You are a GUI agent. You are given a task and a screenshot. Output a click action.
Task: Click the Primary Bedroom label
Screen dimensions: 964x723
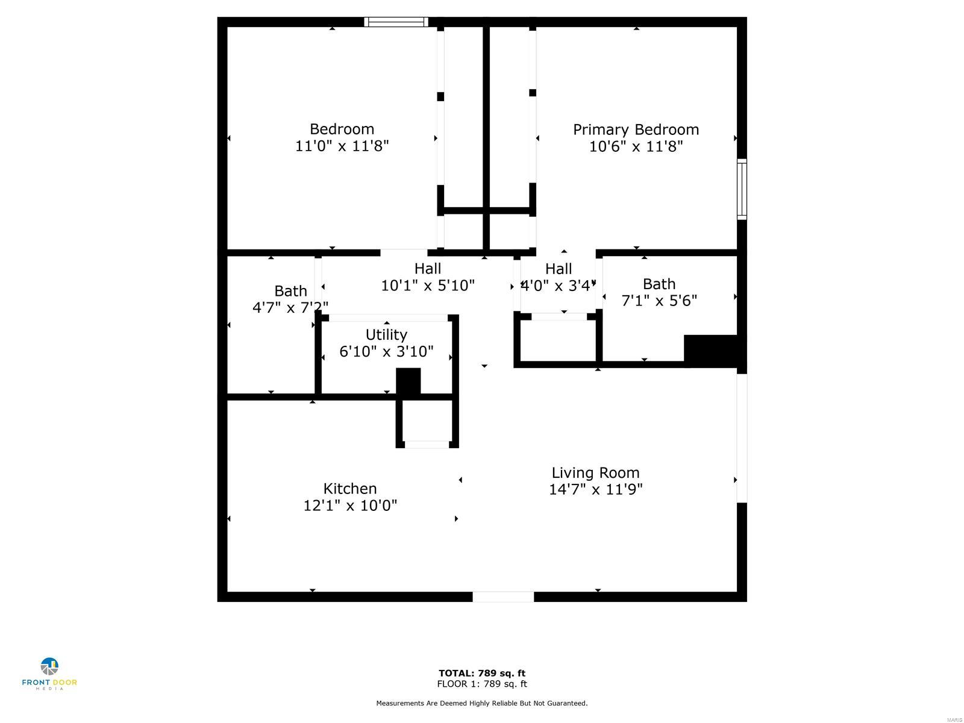coord(636,130)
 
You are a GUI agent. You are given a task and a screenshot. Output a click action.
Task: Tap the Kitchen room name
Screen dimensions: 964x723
coord(349,488)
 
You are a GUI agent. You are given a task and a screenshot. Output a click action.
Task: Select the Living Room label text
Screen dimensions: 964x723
coord(595,472)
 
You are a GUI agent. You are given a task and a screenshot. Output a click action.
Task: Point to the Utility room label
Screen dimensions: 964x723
coord(386,335)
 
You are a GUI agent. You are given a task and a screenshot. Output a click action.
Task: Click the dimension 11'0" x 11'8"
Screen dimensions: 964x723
coord(342,146)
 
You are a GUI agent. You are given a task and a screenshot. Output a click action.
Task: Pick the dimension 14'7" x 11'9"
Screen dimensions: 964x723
coord(595,489)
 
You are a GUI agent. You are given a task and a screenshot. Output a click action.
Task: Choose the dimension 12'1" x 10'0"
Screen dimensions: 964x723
coord(350,505)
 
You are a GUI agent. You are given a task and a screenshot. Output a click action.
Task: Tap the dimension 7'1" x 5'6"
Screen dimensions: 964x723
coord(659,300)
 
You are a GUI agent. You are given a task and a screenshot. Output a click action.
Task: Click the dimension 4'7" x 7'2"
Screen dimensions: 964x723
coord(290,307)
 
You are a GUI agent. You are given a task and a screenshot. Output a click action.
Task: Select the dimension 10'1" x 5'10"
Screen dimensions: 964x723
coord(427,286)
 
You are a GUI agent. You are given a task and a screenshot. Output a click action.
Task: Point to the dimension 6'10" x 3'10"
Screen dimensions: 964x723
coord(386,351)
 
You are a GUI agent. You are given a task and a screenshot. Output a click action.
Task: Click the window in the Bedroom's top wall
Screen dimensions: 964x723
coord(396,22)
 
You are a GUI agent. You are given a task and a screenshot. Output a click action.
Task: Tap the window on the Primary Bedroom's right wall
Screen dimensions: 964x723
coord(741,189)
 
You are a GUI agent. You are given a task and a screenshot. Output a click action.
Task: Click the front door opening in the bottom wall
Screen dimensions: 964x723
coord(503,596)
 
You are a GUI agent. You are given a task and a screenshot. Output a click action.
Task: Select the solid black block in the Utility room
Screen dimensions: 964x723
coord(408,381)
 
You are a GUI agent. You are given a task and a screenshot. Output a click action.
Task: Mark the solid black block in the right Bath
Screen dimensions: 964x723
coord(710,351)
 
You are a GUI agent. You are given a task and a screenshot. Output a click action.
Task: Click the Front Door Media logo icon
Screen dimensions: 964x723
coord(49,666)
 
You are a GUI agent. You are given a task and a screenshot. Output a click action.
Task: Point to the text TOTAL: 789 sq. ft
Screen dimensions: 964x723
coord(482,673)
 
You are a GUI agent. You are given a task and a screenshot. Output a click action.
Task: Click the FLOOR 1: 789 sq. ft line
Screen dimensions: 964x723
coord(482,683)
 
